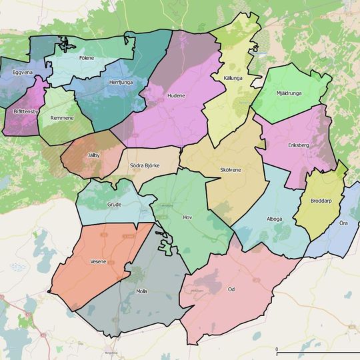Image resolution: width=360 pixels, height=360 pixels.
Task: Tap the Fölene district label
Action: coord(86,58)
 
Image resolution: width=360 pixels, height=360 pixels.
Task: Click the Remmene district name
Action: coord(62,117)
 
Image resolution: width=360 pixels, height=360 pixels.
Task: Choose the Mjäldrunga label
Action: coord(289,93)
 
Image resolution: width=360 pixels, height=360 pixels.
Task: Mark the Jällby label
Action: coord(93,155)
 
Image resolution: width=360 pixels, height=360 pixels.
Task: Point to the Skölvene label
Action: coord(230,170)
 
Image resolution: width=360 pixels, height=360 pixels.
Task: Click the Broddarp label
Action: coord(321,201)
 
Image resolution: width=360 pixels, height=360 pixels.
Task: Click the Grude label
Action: coord(114,205)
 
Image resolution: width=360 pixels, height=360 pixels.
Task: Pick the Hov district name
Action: coord(187,217)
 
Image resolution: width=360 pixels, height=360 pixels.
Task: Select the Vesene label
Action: coord(97,262)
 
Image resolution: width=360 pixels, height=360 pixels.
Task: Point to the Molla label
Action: coord(141,291)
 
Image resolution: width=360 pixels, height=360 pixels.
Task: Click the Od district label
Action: coord(231,289)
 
